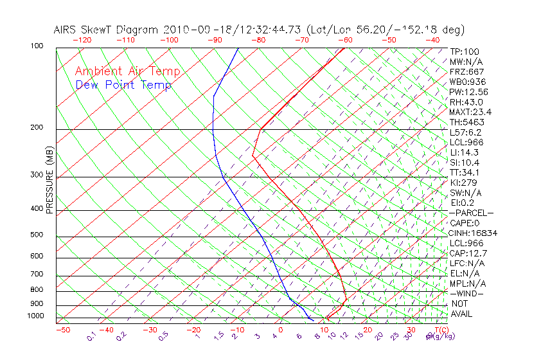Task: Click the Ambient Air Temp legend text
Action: [x=127, y=71]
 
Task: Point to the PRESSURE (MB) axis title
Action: [x=49, y=179]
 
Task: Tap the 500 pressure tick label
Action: [x=36, y=235]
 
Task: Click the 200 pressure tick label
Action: [x=36, y=127]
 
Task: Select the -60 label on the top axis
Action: [x=345, y=39]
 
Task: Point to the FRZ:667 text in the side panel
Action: [x=466, y=71]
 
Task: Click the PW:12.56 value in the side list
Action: [x=468, y=92]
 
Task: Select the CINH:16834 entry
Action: [x=473, y=233]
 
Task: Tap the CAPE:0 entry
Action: [x=465, y=222]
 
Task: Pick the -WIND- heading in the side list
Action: [x=467, y=293]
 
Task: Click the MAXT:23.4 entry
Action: [x=470, y=112]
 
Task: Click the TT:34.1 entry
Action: [x=465, y=172]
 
